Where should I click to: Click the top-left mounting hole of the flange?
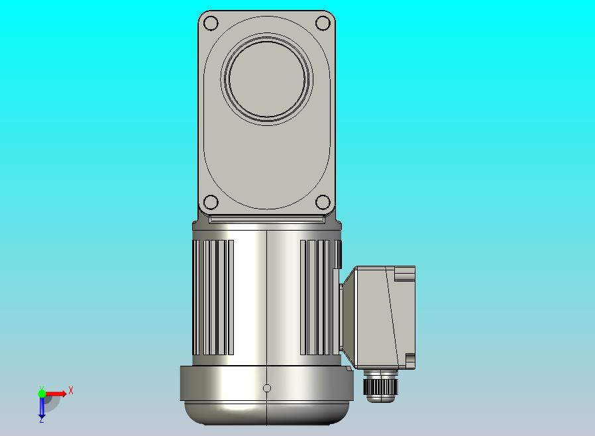click(211, 23)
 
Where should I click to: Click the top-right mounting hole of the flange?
click(323, 23)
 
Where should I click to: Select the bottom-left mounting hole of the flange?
click(211, 202)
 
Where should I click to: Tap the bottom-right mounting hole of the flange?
click(323, 202)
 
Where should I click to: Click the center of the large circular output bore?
click(267, 79)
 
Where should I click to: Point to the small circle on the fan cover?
click(267, 388)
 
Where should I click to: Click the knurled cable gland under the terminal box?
click(380, 386)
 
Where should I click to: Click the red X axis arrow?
click(56, 394)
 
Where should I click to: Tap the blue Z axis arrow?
click(42, 407)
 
